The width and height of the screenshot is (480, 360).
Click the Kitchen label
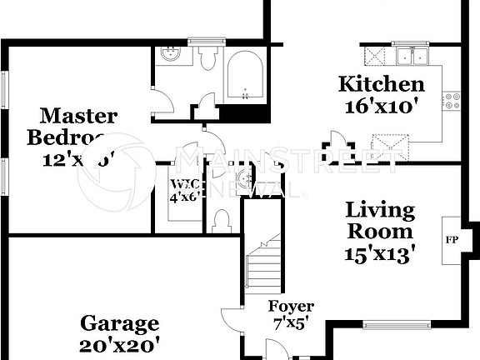point(381,84)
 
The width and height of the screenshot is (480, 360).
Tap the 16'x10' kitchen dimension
point(381,106)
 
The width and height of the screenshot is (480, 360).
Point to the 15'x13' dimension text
point(381,250)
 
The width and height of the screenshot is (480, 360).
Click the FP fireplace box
point(452,241)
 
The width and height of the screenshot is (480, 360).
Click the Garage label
point(119,323)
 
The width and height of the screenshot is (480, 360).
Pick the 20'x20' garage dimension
point(119,343)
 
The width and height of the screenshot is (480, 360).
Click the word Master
point(79,116)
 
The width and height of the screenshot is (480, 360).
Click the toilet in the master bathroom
point(207,58)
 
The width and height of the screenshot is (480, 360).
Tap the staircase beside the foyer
point(264,267)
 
